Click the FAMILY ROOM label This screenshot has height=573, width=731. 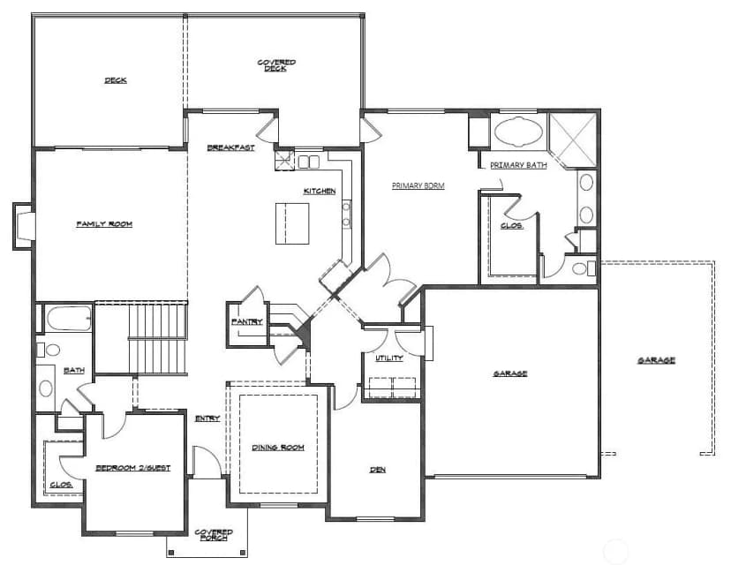click(x=104, y=224)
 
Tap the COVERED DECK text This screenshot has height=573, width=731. click(x=276, y=65)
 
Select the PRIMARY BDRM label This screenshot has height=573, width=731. click(x=418, y=185)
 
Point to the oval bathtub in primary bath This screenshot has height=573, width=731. click(x=518, y=132)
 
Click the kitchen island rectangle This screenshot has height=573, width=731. click(x=292, y=223)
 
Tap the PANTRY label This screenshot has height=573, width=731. click(x=247, y=321)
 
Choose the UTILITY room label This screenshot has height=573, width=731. click(x=389, y=358)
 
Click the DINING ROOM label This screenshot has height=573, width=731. click(x=278, y=448)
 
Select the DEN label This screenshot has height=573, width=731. click(x=378, y=470)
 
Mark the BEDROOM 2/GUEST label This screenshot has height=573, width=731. click(x=133, y=468)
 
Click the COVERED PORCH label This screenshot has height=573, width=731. click(x=214, y=535)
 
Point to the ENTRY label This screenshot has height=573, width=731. click(x=207, y=418)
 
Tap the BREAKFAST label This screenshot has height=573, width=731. click(x=231, y=147)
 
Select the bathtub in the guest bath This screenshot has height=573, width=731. click(x=69, y=318)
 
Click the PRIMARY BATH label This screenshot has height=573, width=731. click(x=518, y=165)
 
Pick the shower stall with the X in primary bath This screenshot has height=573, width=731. click(x=573, y=138)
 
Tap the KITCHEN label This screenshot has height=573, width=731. click(x=320, y=192)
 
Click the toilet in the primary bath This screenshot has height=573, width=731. click(x=584, y=268)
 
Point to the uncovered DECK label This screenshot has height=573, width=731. click(x=116, y=80)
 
